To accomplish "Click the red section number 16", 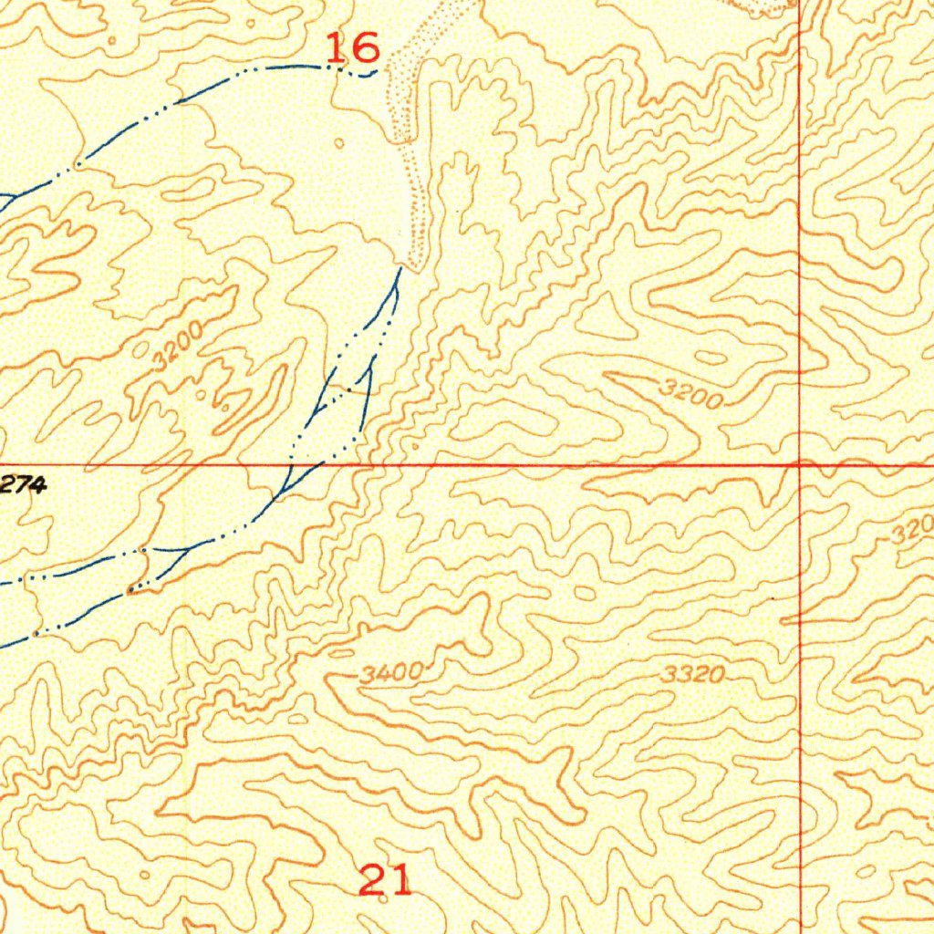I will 352,47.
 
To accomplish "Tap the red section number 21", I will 385,881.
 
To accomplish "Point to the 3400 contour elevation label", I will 391,674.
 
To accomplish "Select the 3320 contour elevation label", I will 693,675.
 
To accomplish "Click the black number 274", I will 23,486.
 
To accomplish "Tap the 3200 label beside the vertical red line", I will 692,396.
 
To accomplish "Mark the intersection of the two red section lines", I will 800,464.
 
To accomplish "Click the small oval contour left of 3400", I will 340,653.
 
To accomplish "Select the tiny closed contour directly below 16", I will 340,143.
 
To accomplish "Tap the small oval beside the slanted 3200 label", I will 140,349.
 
